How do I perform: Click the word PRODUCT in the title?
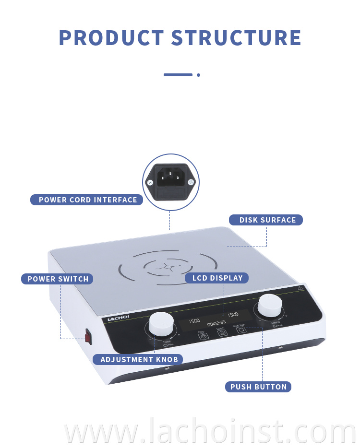pos(111,38)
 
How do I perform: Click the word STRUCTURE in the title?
pos(236,38)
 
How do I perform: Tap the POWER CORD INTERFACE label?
pos(87,200)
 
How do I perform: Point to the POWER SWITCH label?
pos(58,279)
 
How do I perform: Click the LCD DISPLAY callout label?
pos(217,278)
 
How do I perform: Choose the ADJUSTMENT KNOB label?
pos(138,359)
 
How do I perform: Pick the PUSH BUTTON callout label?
pos(258,387)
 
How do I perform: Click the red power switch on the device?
pos(88,336)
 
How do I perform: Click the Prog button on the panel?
pos(203,336)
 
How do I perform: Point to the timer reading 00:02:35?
pos(216,323)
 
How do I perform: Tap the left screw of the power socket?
pos(151,182)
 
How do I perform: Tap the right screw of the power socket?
pos(191,182)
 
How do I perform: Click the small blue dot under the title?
pos(198,75)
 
